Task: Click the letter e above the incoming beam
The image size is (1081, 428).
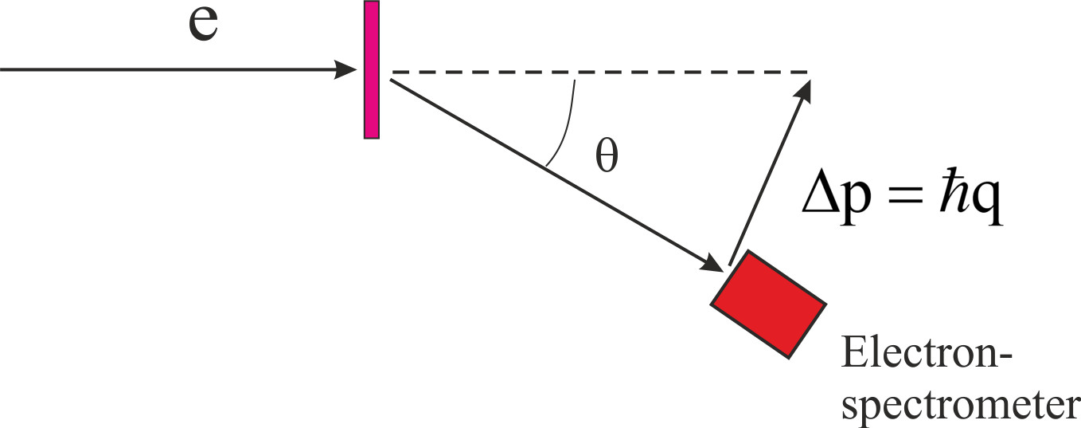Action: [x=204, y=27]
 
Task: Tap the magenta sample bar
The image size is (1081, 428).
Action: [x=372, y=70]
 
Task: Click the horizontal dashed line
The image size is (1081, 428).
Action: [x=597, y=73]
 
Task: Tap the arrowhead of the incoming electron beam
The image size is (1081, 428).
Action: [x=347, y=70]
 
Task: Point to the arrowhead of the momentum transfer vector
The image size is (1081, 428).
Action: [x=805, y=89]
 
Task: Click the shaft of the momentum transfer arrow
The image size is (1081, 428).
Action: [x=768, y=175]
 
